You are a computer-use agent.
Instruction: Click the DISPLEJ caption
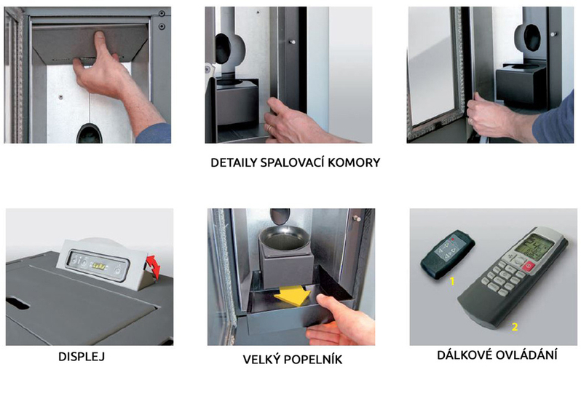(82, 356)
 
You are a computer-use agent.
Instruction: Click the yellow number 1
(452, 281)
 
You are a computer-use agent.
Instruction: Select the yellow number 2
(514, 327)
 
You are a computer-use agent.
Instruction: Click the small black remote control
(448, 254)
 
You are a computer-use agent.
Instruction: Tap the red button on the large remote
(528, 266)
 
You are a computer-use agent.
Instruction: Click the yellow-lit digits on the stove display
(99, 266)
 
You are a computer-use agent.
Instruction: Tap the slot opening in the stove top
(17, 303)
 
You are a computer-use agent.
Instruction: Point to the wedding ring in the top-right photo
(470, 120)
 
